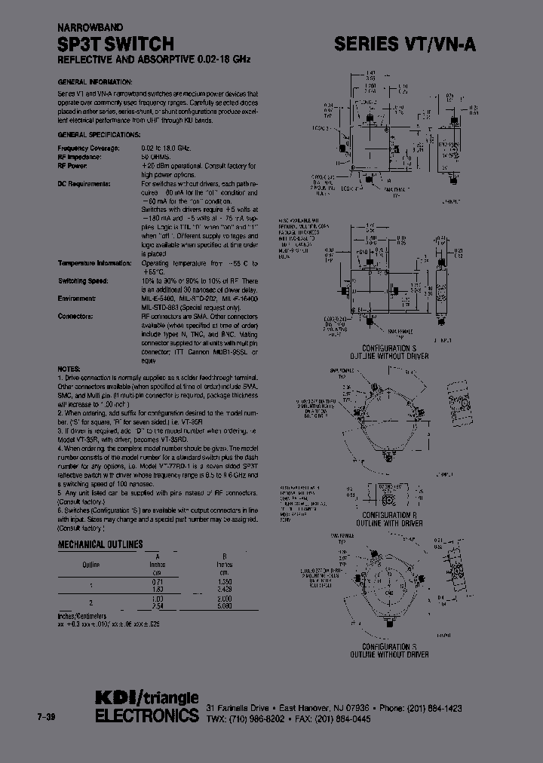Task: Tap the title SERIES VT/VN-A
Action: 405,44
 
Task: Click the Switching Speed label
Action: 83,280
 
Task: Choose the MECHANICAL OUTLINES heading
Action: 100,544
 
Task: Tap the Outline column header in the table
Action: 90,564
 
